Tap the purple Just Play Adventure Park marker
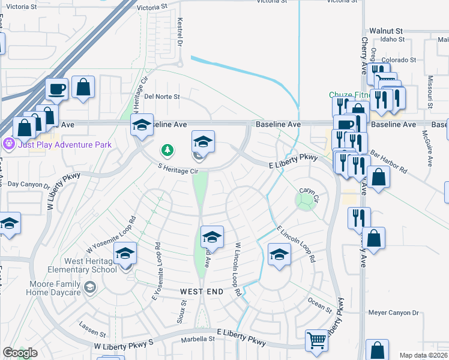[x=8, y=144]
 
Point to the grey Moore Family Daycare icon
[x=89, y=288]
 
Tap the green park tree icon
[x=168, y=149]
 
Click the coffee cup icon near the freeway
[x=57, y=89]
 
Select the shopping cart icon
[x=316, y=340]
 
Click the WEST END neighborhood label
[x=202, y=292]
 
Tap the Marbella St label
[x=198, y=339]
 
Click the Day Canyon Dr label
[x=29, y=184]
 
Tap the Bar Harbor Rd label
[x=390, y=163]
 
